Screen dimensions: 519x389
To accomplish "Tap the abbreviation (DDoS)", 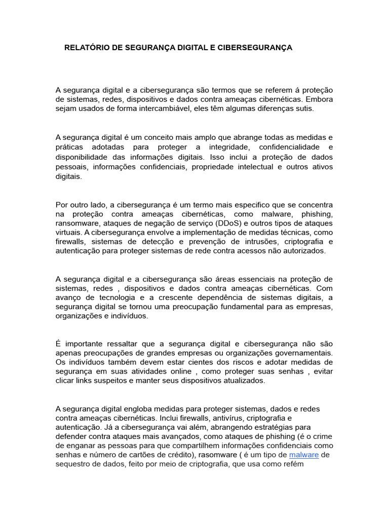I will [x=217, y=223].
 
